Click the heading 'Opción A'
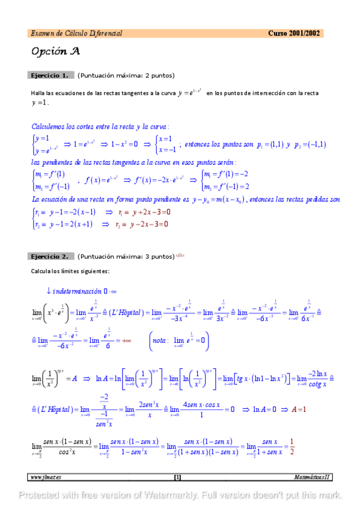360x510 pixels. point(55,51)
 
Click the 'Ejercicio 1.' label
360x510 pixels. point(49,75)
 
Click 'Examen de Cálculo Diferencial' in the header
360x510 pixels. point(76,33)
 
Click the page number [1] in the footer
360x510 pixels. point(178,478)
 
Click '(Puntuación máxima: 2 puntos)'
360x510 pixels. point(126,75)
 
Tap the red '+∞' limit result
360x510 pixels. point(126,340)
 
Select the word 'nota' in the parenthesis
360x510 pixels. point(160,340)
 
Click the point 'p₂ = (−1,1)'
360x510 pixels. point(310,144)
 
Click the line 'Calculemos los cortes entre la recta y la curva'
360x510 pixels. point(100,127)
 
